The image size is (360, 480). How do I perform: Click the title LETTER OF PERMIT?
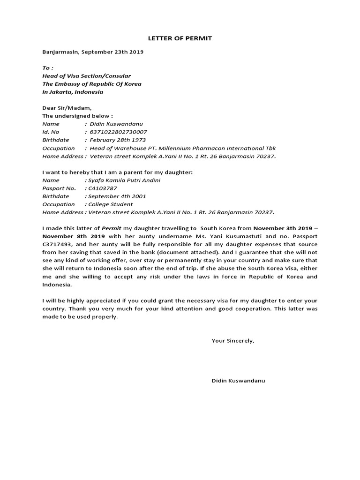click(180, 38)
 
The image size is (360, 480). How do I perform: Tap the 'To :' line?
click(48, 68)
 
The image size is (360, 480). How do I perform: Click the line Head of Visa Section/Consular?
click(87, 76)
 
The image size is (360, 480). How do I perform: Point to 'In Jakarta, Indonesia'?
click(73, 92)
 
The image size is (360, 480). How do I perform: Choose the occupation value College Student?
click(109, 204)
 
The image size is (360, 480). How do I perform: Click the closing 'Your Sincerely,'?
click(233, 341)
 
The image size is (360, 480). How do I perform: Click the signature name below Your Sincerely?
click(238, 381)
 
